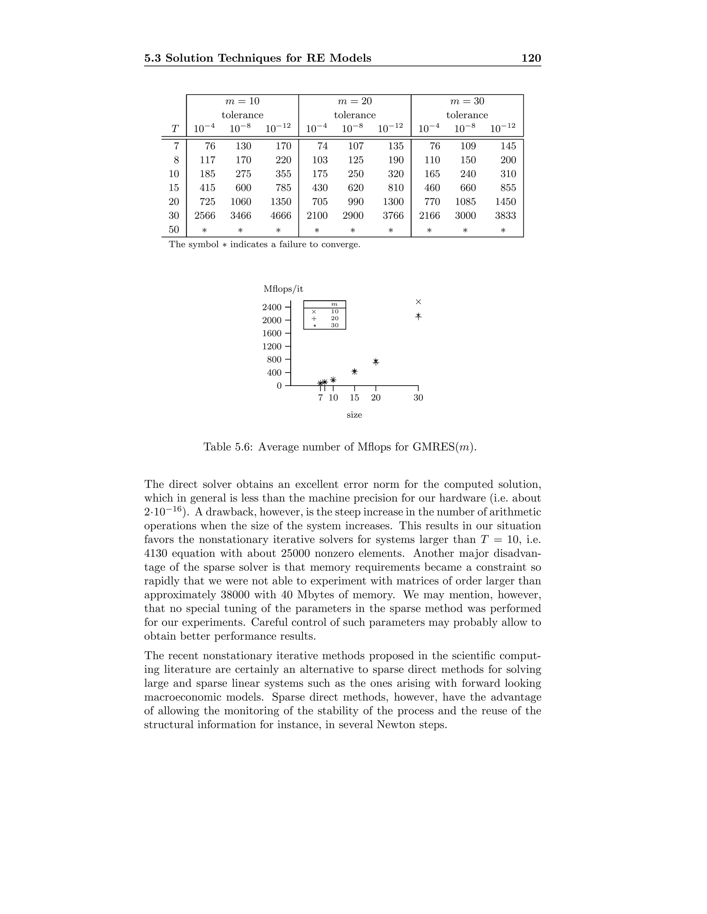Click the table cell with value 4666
click(x=280, y=216)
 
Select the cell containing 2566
click(x=205, y=216)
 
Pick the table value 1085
click(x=465, y=202)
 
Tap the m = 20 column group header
click(x=355, y=101)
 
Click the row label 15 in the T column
click(x=174, y=188)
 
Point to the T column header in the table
click(x=175, y=129)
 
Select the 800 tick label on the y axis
click(x=274, y=359)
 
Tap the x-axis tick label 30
click(x=418, y=398)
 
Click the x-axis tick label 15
click(x=354, y=398)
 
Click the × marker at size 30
click(x=418, y=302)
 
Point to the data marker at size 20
click(x=376, y=361)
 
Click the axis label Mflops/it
click(x=283, y=289)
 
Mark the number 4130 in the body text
click(x=156, y=553)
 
